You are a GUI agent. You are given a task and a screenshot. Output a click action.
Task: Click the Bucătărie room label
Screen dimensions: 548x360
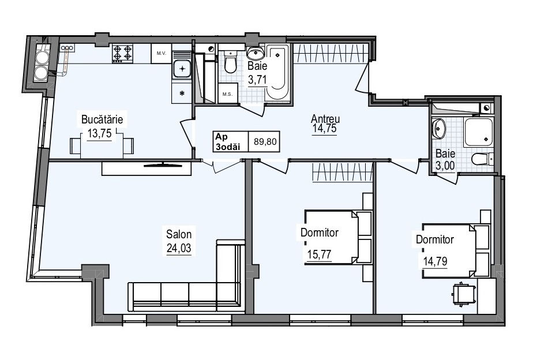coord(102,119)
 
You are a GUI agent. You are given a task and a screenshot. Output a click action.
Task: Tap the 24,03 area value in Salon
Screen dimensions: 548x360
coord(179,248)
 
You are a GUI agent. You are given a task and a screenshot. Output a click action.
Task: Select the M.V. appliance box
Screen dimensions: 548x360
coord(161,54)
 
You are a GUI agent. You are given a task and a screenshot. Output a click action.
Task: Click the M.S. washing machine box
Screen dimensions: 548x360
coord(228,93)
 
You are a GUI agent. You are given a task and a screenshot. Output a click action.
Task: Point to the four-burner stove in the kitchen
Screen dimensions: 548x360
coord(123,54)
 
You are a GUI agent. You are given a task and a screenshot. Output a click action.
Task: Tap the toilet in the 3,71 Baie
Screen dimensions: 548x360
coord(230,62)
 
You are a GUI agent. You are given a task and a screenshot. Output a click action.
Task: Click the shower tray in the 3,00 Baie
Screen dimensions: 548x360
coord(478,132)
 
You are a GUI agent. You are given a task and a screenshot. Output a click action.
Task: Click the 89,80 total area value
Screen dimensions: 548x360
coord(265,141)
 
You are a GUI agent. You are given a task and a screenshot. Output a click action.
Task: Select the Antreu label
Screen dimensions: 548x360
coord(325,119)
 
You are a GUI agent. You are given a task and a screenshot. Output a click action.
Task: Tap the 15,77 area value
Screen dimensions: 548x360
coord(319,254)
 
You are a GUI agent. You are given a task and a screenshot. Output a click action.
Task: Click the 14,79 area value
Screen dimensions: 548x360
coord(435,261)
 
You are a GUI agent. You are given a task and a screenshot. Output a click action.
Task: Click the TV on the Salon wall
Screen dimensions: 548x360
coord(163,164)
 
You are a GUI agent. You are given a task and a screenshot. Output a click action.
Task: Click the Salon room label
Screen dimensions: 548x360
coord(179,234)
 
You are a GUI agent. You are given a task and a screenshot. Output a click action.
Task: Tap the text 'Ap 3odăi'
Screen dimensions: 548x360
coord(228,141)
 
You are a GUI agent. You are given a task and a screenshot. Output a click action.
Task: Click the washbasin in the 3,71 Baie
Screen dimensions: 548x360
coord(256,53)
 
